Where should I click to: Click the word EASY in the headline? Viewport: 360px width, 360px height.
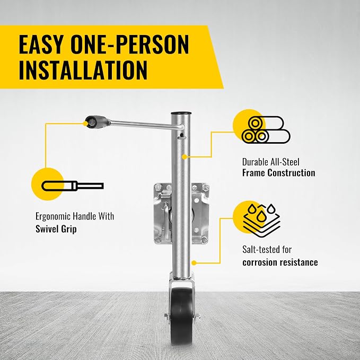click(x=41, y=45)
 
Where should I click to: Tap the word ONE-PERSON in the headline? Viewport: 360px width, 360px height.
click(x=130, y=45)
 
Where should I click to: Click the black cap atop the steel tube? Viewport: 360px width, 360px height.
click(x=181, y=113)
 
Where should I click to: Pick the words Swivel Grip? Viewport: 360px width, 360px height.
click(x=56, y=229)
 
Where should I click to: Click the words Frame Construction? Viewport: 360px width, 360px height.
click(x=279, y=173)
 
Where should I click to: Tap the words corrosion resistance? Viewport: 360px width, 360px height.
click(x=280, y=262)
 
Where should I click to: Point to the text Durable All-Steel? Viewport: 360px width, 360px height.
click(x=271, y=162)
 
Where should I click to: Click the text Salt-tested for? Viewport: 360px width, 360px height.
click(x=267, y=249)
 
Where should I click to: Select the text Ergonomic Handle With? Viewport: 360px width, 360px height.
click(x=75, y=216)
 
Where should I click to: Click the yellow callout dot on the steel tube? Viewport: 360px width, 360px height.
click(x=184, y=157)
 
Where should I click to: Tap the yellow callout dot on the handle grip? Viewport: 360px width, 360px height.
click(x=85, y=124)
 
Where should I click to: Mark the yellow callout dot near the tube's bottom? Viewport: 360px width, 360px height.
click(x=194, y=263)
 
